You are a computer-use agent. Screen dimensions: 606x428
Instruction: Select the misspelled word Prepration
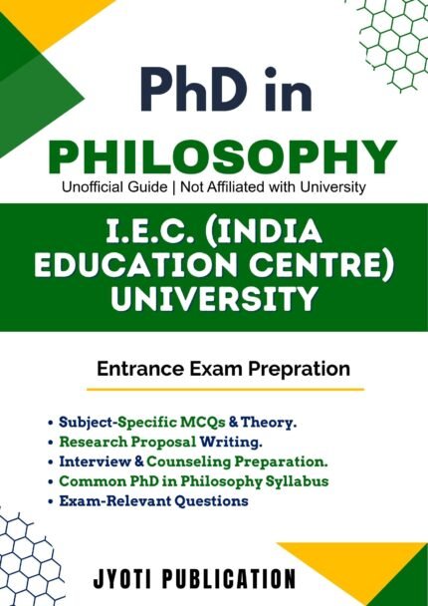click(303, 369)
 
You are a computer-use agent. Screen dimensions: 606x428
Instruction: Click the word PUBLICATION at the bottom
click(244, 578)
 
